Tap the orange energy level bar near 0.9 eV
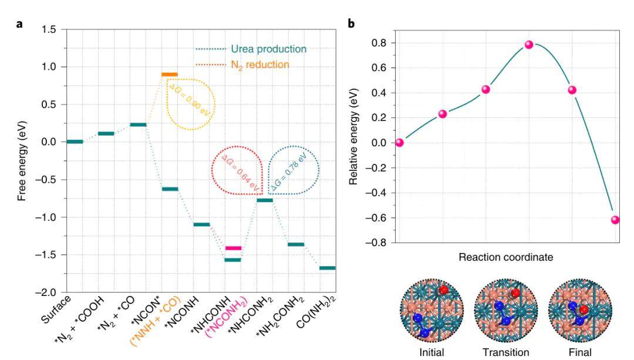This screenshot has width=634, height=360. (x=170, y=75)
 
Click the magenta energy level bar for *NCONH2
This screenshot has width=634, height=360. (x=233, y=248)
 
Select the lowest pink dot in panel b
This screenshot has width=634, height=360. (x=615, y=220)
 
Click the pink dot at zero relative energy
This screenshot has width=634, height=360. (x=400, y=143)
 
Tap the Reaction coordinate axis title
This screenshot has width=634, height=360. (x=506, y=257)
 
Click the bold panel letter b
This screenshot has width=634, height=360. (x=352, y=23)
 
